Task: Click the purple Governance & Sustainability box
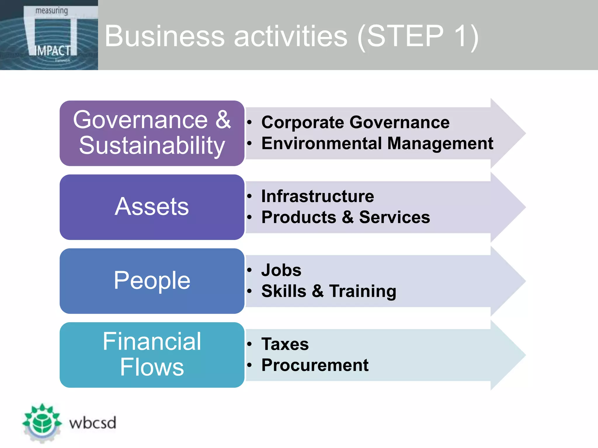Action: pos(152,133)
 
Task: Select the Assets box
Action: pos(152,207)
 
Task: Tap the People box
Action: pos(152,281)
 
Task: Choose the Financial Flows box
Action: pos(152,355)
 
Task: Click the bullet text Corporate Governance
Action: pos(355,122)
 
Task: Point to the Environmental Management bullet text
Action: pos(377,143)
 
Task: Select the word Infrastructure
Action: pos(317,196)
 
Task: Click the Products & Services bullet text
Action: pos(345,217)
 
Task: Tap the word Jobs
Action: pos(281,270)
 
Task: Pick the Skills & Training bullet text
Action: pos(329,291)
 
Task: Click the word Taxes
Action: pos(285,344)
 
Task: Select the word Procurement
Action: pos(315,365)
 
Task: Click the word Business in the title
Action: pos(164,36)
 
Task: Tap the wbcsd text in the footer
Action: pos(93,423)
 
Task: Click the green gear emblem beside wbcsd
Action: pos(42,423)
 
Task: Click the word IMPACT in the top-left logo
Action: pos(53,51)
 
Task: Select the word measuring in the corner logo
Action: pos(51,11)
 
